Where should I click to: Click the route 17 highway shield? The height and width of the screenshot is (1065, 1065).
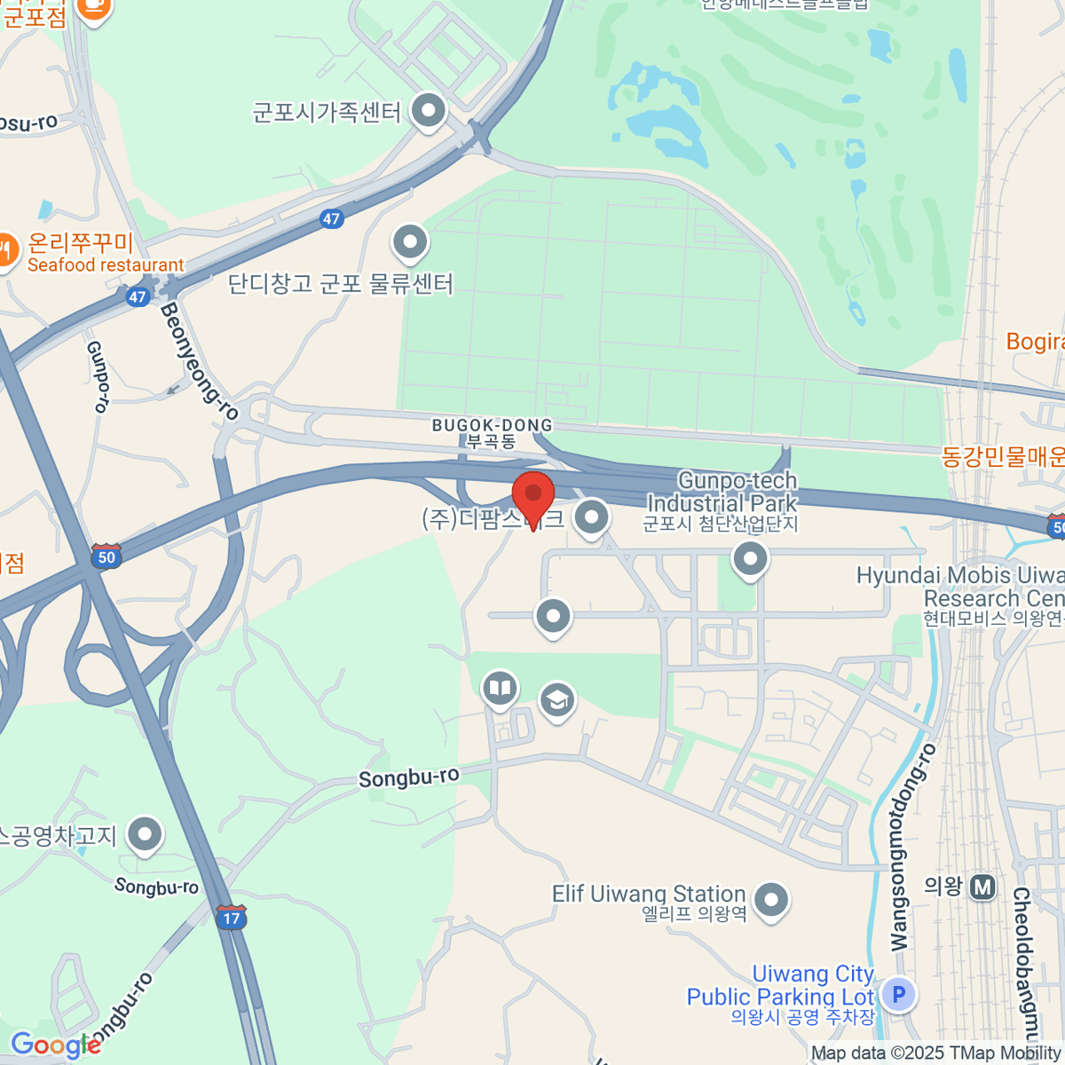pos(231,917)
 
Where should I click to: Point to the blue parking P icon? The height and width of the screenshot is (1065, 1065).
pos(898,994)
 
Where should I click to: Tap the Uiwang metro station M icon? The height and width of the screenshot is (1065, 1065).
pos(982,887)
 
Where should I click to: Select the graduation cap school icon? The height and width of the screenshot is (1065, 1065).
pos(556,701)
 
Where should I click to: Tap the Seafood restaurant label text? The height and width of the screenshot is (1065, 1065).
pos(106,265)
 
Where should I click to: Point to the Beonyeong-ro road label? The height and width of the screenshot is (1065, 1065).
pos(200,360)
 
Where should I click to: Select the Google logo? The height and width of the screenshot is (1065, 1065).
pos(55,1045)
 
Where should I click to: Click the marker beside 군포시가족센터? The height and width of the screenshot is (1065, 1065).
pos(430,112)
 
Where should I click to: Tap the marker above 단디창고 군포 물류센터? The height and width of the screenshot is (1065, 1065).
pos(410,241)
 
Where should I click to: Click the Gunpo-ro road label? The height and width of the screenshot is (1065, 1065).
pos(98,376)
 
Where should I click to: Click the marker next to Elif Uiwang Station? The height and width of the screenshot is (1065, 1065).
pos(770,900)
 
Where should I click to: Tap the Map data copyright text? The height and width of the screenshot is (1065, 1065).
pos(935,1053)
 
